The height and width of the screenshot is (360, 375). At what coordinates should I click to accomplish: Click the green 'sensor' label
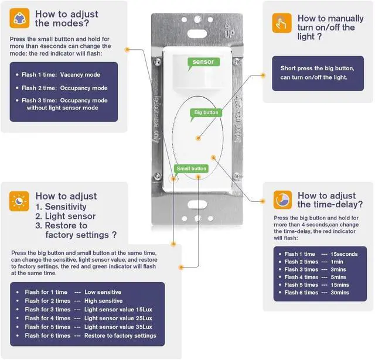(x=203, y=61)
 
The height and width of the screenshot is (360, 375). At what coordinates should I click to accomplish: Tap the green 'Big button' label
(x=206, y=112)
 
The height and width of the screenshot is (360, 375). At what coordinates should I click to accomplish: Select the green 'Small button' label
(x=191, y=169)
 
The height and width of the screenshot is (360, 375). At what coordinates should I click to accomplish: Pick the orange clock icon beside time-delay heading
(x=282, y=200)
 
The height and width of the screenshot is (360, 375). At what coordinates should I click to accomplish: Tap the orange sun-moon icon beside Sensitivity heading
(x=19, y=201)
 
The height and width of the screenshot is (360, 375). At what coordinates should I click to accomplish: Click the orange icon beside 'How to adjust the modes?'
(x=19, y=18)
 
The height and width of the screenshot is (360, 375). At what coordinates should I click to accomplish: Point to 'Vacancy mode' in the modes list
(x=80, y=75)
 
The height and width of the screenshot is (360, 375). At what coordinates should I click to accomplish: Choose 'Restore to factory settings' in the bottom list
(x=120, y=336)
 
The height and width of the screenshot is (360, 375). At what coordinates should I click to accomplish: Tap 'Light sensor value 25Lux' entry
(x=118, y=318)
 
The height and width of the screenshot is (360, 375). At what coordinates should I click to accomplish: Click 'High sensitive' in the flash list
(x=103, y=300)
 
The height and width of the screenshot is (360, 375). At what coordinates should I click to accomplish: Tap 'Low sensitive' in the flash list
(x=103, y=292)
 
